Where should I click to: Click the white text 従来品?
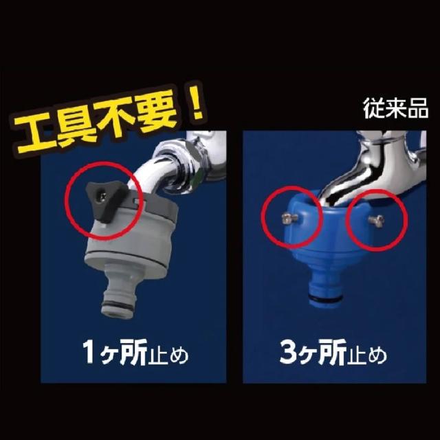coord(396,109)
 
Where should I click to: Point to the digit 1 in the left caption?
coord(89,351)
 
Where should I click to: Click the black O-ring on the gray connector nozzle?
coord(118,305)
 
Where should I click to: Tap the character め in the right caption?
coord(377,355)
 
